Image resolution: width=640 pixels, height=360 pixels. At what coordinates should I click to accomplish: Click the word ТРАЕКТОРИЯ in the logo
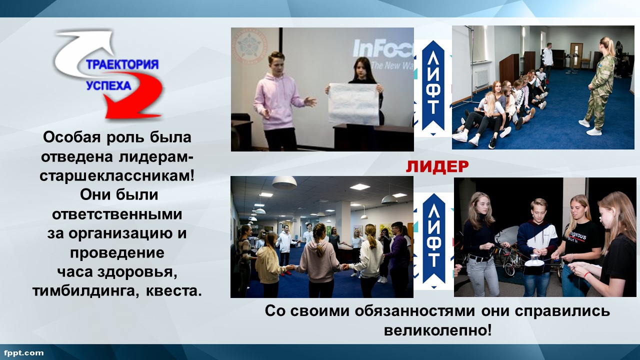click(122, 64)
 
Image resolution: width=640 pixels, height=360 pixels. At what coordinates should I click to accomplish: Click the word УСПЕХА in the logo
click(108, 85)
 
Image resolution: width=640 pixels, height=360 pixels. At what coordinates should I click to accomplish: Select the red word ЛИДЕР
click(437, 167)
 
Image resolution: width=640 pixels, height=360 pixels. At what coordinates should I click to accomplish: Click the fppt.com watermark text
click(24, 353)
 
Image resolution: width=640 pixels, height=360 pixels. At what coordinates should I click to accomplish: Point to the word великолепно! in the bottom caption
click(438, 331)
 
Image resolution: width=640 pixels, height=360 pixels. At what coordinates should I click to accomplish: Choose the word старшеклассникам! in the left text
click(117, 176)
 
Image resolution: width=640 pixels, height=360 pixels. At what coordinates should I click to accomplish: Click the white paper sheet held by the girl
click(353, 103)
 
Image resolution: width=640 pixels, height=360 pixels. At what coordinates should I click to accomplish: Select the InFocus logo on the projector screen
click(383, 48)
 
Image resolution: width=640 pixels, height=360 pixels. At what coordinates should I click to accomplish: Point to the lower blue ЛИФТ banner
click(434, 240)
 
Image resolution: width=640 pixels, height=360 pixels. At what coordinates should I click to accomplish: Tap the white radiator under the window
click(481, 79)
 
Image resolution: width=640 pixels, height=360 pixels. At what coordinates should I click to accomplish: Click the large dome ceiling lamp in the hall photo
click(284, 183)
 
